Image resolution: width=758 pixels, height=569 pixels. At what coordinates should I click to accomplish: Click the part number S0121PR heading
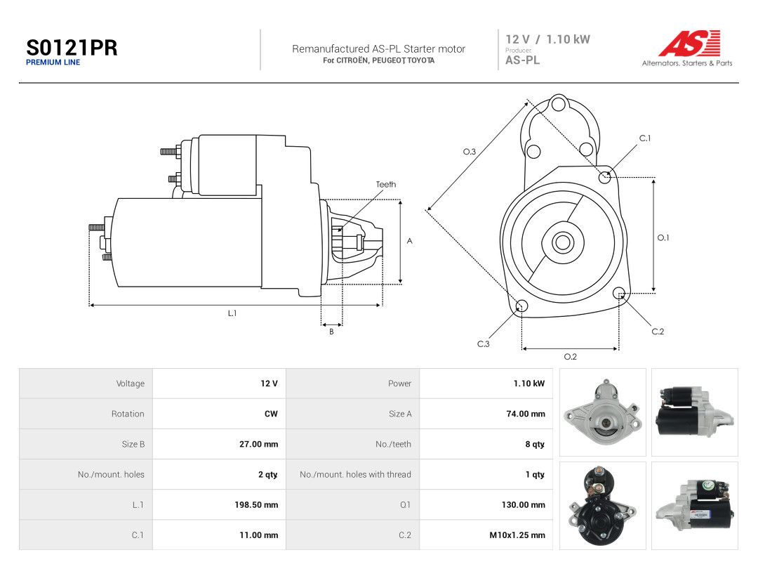72,48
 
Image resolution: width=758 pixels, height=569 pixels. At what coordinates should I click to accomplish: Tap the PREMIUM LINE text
53,63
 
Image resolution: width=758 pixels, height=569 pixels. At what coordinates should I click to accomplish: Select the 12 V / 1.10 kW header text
547,39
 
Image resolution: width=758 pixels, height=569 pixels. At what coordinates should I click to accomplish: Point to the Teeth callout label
386,184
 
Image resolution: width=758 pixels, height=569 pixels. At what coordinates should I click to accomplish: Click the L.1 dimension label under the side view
232,313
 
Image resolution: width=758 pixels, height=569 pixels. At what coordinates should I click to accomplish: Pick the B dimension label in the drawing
331,332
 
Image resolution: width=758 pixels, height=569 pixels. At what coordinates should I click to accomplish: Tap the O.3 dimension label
470,152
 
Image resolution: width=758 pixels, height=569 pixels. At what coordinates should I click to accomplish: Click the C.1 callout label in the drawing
645,138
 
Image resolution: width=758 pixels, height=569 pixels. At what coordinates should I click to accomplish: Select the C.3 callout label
484,344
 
